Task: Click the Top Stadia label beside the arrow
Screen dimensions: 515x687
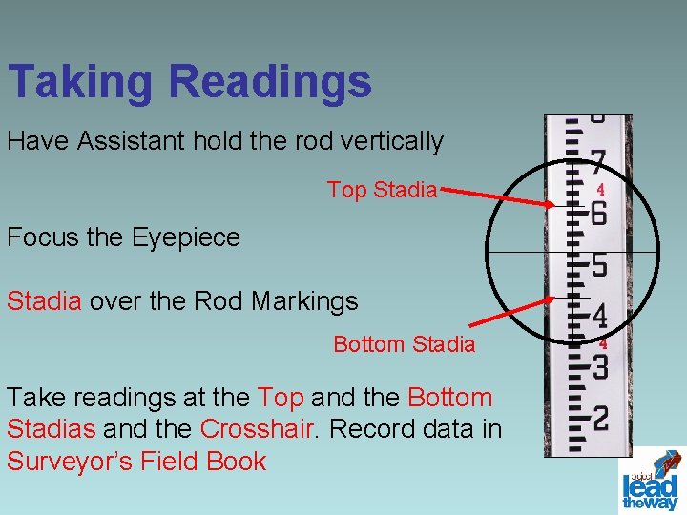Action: point(382,190)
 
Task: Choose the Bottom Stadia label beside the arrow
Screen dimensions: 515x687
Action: point(404,344)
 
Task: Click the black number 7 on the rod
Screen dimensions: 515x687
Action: point(597,159)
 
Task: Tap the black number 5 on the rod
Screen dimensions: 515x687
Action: point(598,263)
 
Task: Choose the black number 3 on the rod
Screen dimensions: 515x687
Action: point(600,365)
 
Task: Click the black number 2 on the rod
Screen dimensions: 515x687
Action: point(600,417)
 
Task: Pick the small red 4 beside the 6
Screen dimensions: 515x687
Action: point(601,190)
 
